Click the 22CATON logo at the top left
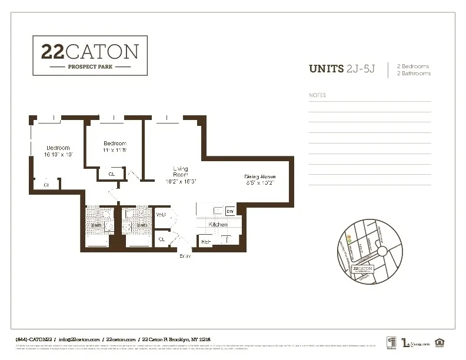coord(90,55)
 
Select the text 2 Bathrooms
coord(414,74)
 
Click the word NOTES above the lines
coord(317,95)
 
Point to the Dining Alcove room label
coord(260,176)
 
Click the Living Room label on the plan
coord(180,172)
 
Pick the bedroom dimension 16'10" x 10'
coord(58,155)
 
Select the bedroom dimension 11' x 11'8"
coord(115,151)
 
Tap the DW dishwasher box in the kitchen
coord(231,211)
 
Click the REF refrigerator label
coord(206,241)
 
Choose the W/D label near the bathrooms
coord(161,215)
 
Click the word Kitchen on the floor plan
coord(218,225)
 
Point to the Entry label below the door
coord(185,256)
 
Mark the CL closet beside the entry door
coord(162,239)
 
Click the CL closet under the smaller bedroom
coord(112,174)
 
